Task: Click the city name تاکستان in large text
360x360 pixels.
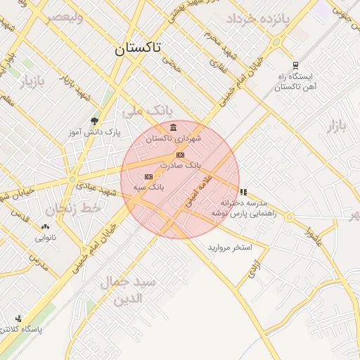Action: [x=137, y=48]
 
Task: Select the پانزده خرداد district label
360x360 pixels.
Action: [x=258, y=18]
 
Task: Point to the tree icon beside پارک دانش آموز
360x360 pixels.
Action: [x=94, y=121]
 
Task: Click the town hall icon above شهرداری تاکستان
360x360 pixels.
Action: [x=173, y=127]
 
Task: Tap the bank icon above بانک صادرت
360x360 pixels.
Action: [x=180, y=155]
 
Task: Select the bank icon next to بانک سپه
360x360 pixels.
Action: [x=148, y=176]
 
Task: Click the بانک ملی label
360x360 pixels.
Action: [x=147, y=110]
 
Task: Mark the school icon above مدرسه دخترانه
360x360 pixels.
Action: [x=243, y=191]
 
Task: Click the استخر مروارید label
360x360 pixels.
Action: [x=234, y=248]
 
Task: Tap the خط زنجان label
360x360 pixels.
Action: [x=73, y=209]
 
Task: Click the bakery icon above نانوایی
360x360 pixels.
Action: [x=46, y=226]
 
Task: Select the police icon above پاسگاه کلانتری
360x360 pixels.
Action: [x=18, y=318]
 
